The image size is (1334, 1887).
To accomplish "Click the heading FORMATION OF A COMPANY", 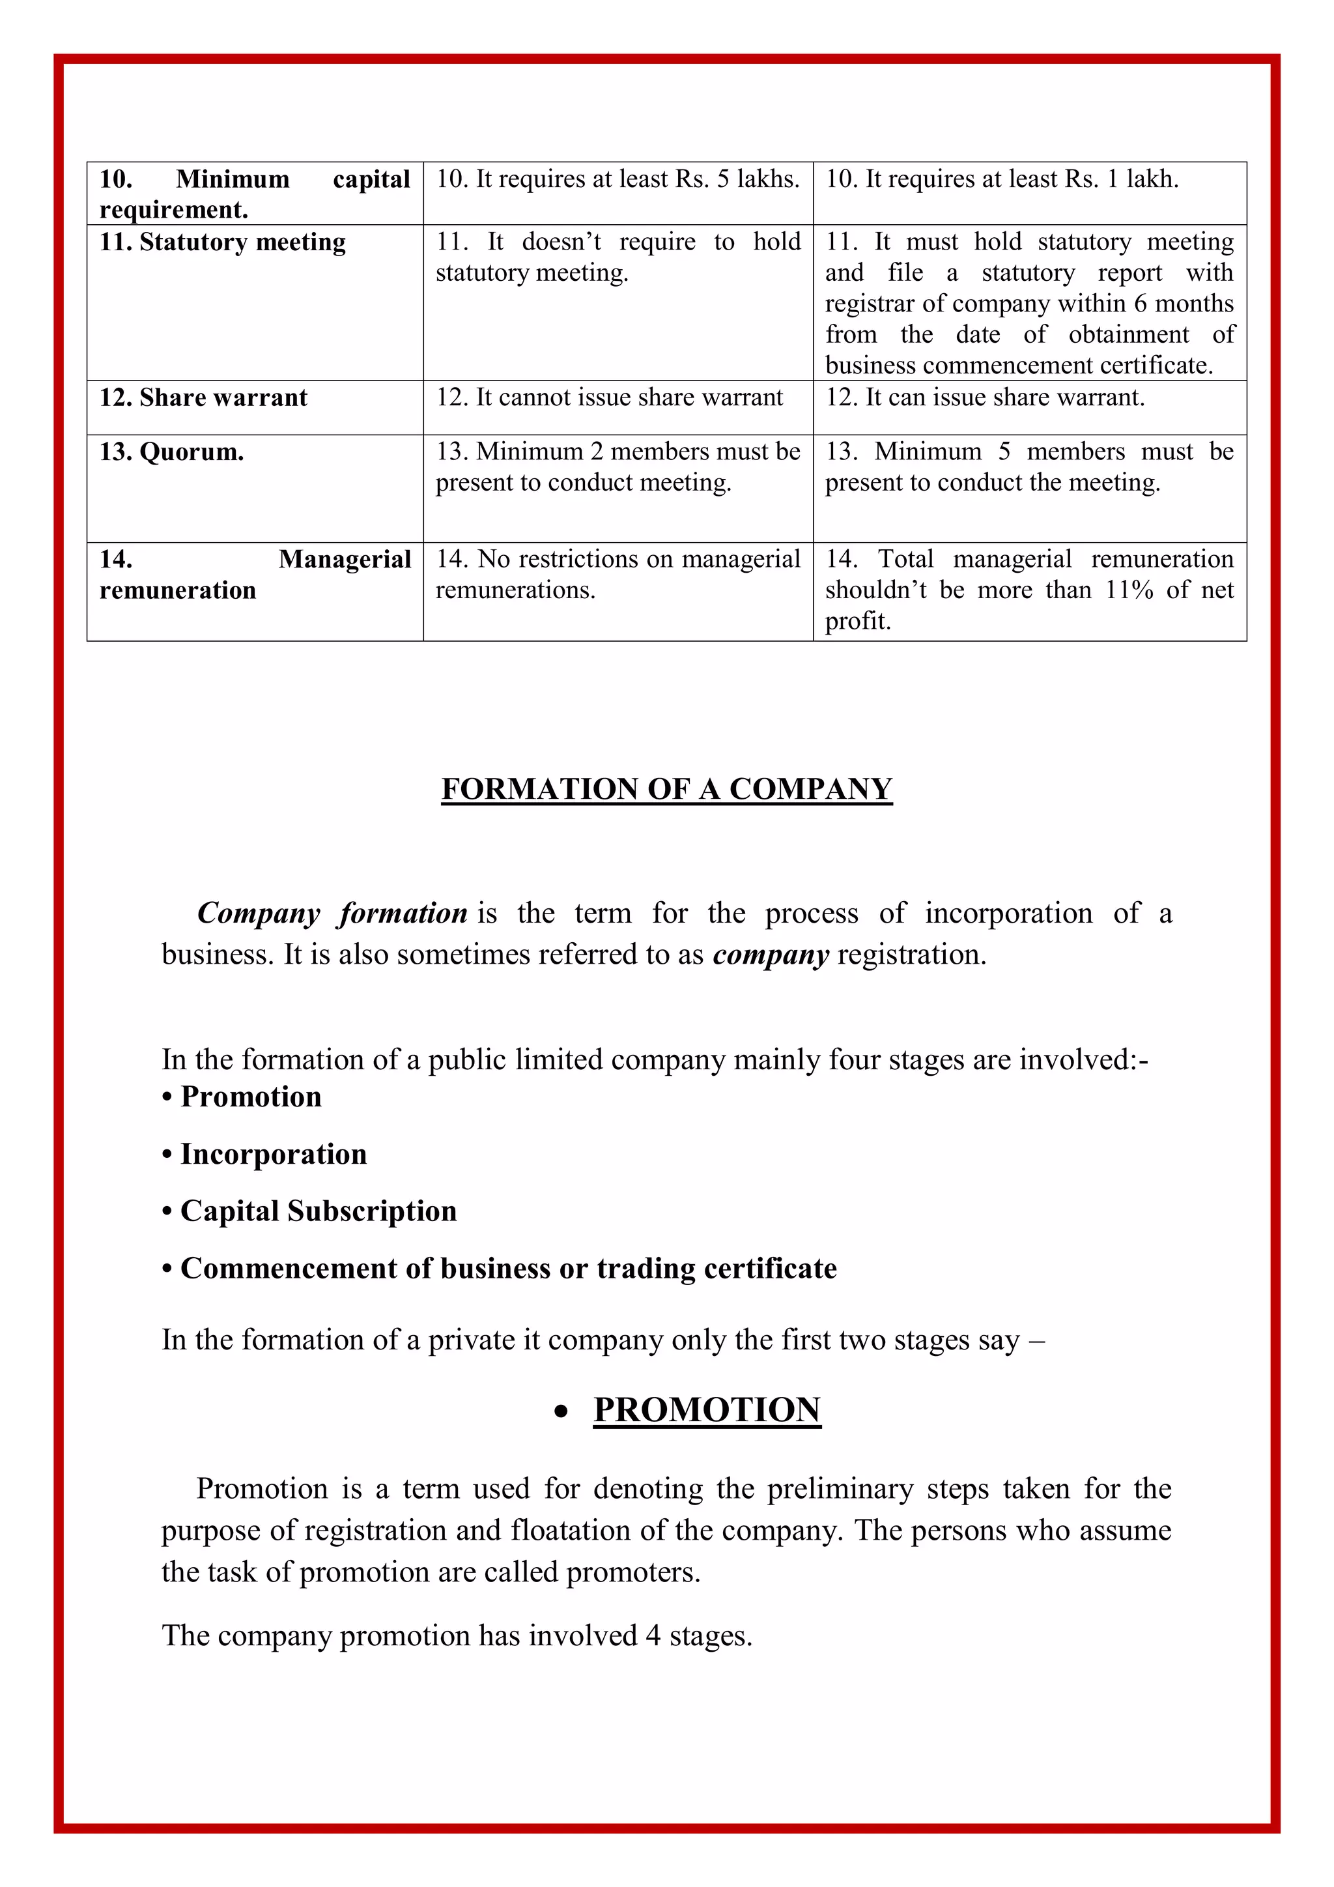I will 666,789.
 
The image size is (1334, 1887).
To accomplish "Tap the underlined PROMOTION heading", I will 707,1409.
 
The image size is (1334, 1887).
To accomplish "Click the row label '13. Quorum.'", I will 172,452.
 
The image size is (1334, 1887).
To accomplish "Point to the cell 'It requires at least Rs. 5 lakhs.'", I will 617,179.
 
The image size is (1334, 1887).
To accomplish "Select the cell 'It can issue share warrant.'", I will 985,397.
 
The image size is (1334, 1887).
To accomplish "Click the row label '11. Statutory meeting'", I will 223,242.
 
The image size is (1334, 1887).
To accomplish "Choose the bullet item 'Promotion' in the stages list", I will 251,1097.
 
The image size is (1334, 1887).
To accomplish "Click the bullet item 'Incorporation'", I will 273,1155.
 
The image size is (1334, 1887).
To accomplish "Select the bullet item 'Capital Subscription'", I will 318,1211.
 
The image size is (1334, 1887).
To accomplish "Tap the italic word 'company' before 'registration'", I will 771,955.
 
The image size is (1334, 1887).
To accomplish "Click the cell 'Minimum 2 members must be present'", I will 617,467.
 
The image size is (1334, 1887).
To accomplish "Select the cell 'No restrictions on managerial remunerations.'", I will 617,575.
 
